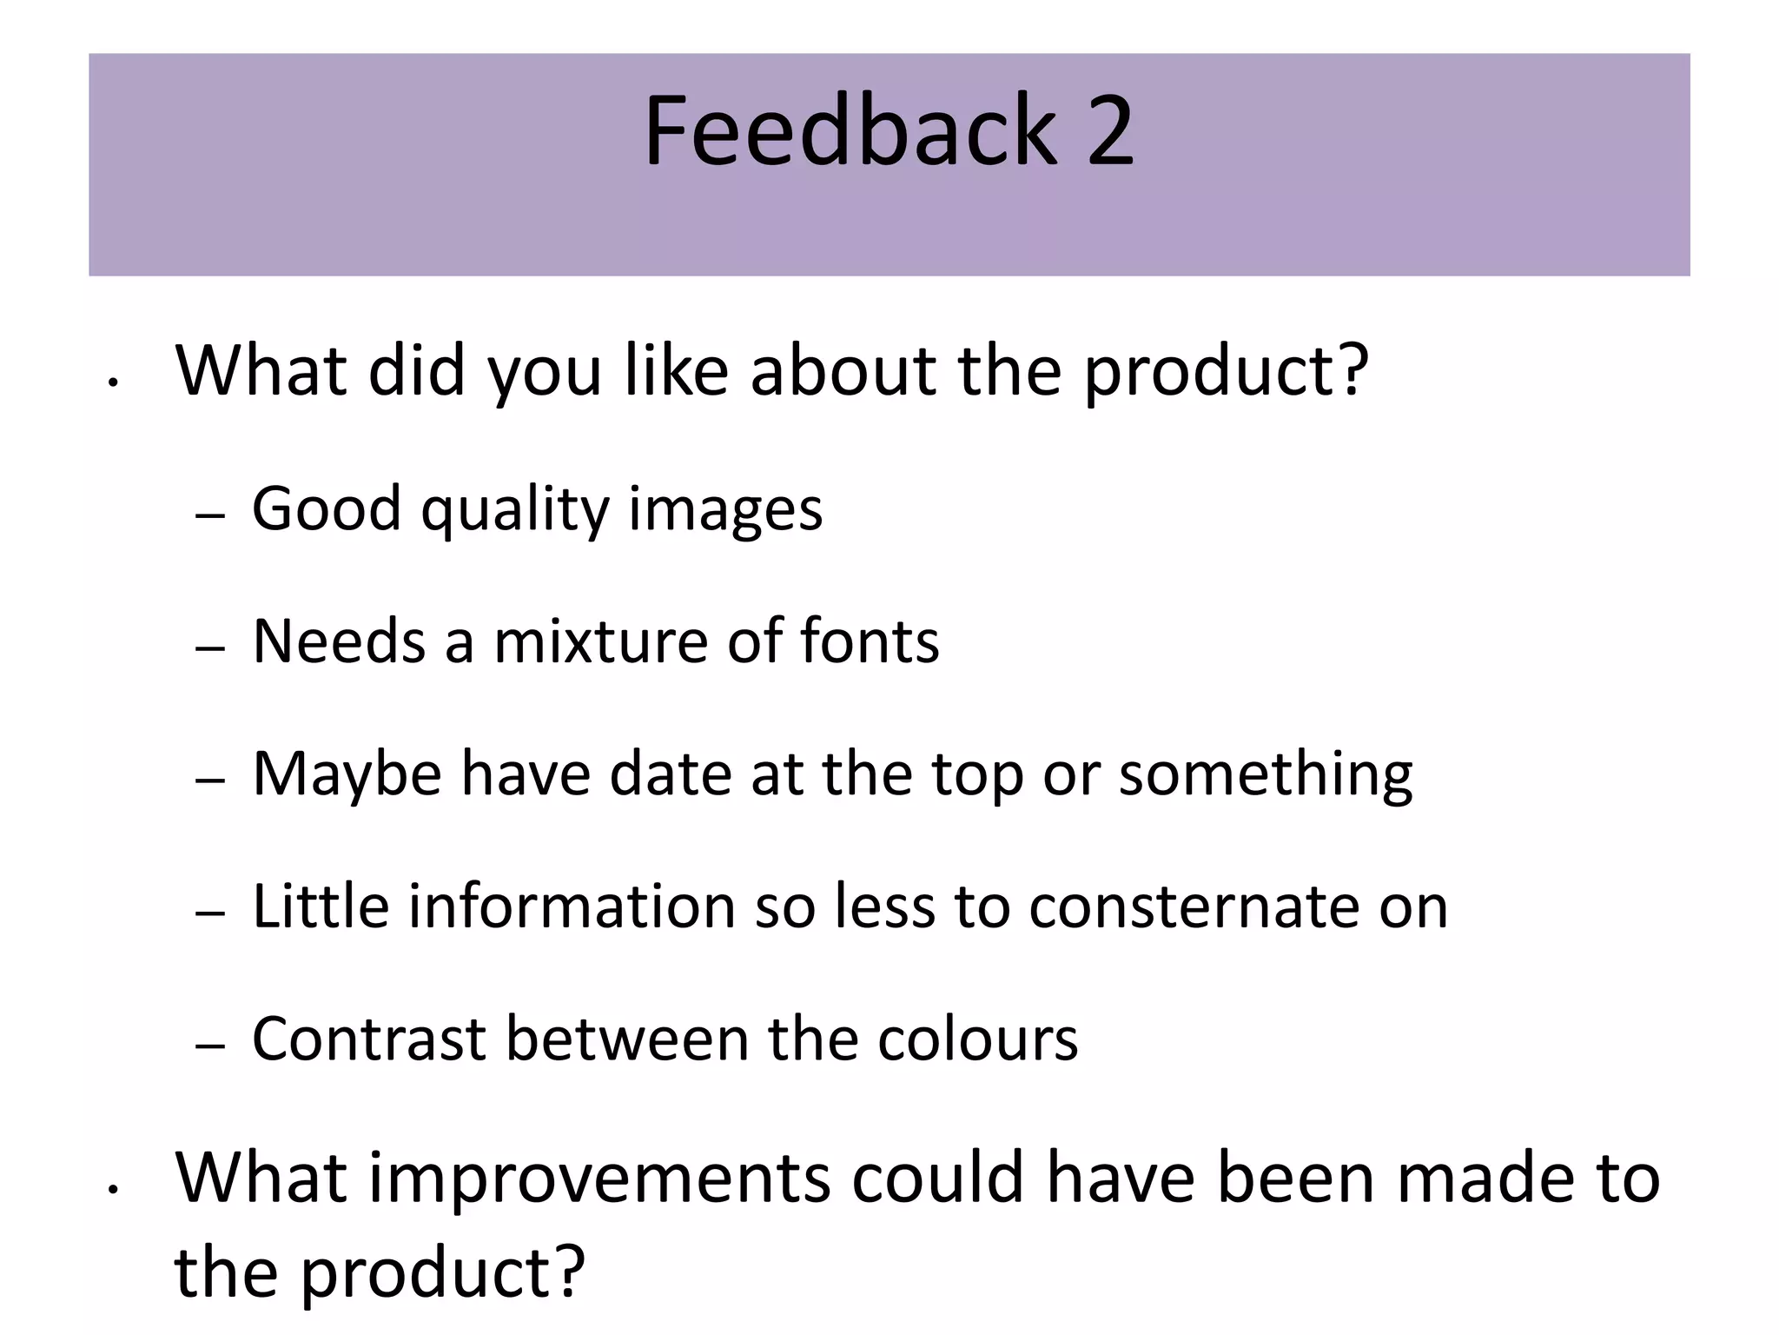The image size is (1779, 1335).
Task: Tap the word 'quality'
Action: (x=515, y=510)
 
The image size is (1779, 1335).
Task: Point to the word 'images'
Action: (x=725, y=510)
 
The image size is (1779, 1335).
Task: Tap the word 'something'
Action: (x=1266, y=774)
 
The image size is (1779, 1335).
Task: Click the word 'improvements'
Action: (x=599, y=1179)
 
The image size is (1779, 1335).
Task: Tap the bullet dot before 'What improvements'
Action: (x=112, y=1189)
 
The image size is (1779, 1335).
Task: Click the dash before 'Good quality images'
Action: (x=210, y=515)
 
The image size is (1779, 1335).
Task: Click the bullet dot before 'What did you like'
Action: (x=112, y=381)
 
